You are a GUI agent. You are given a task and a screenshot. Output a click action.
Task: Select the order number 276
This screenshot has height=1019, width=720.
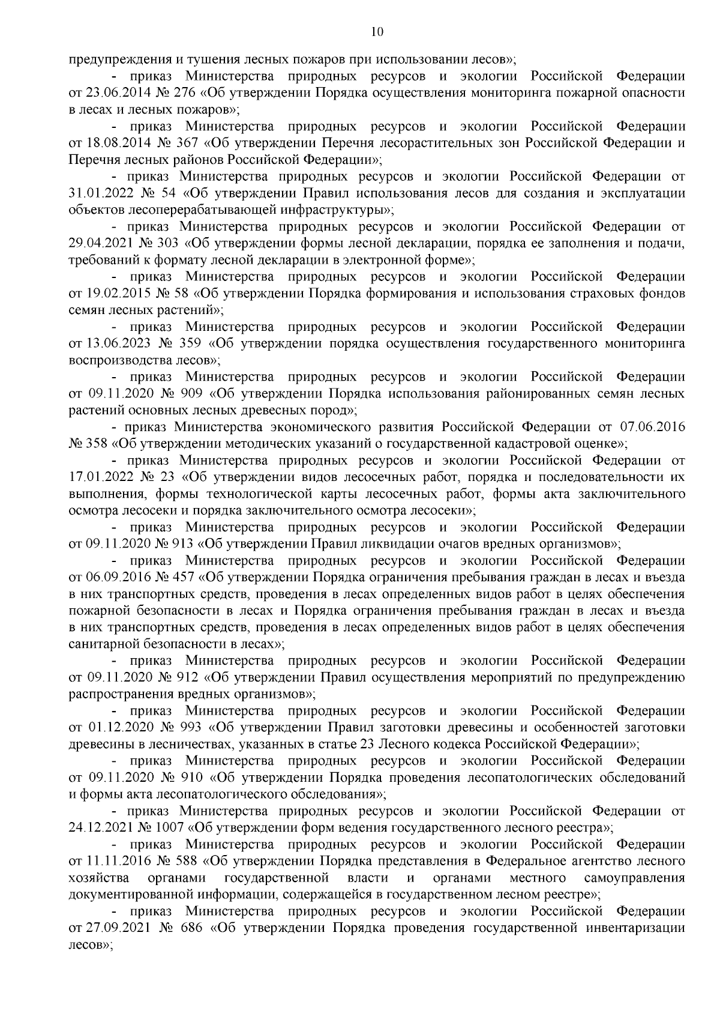point(184,93)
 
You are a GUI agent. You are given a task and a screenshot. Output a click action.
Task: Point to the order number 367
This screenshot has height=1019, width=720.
point(185,144)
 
